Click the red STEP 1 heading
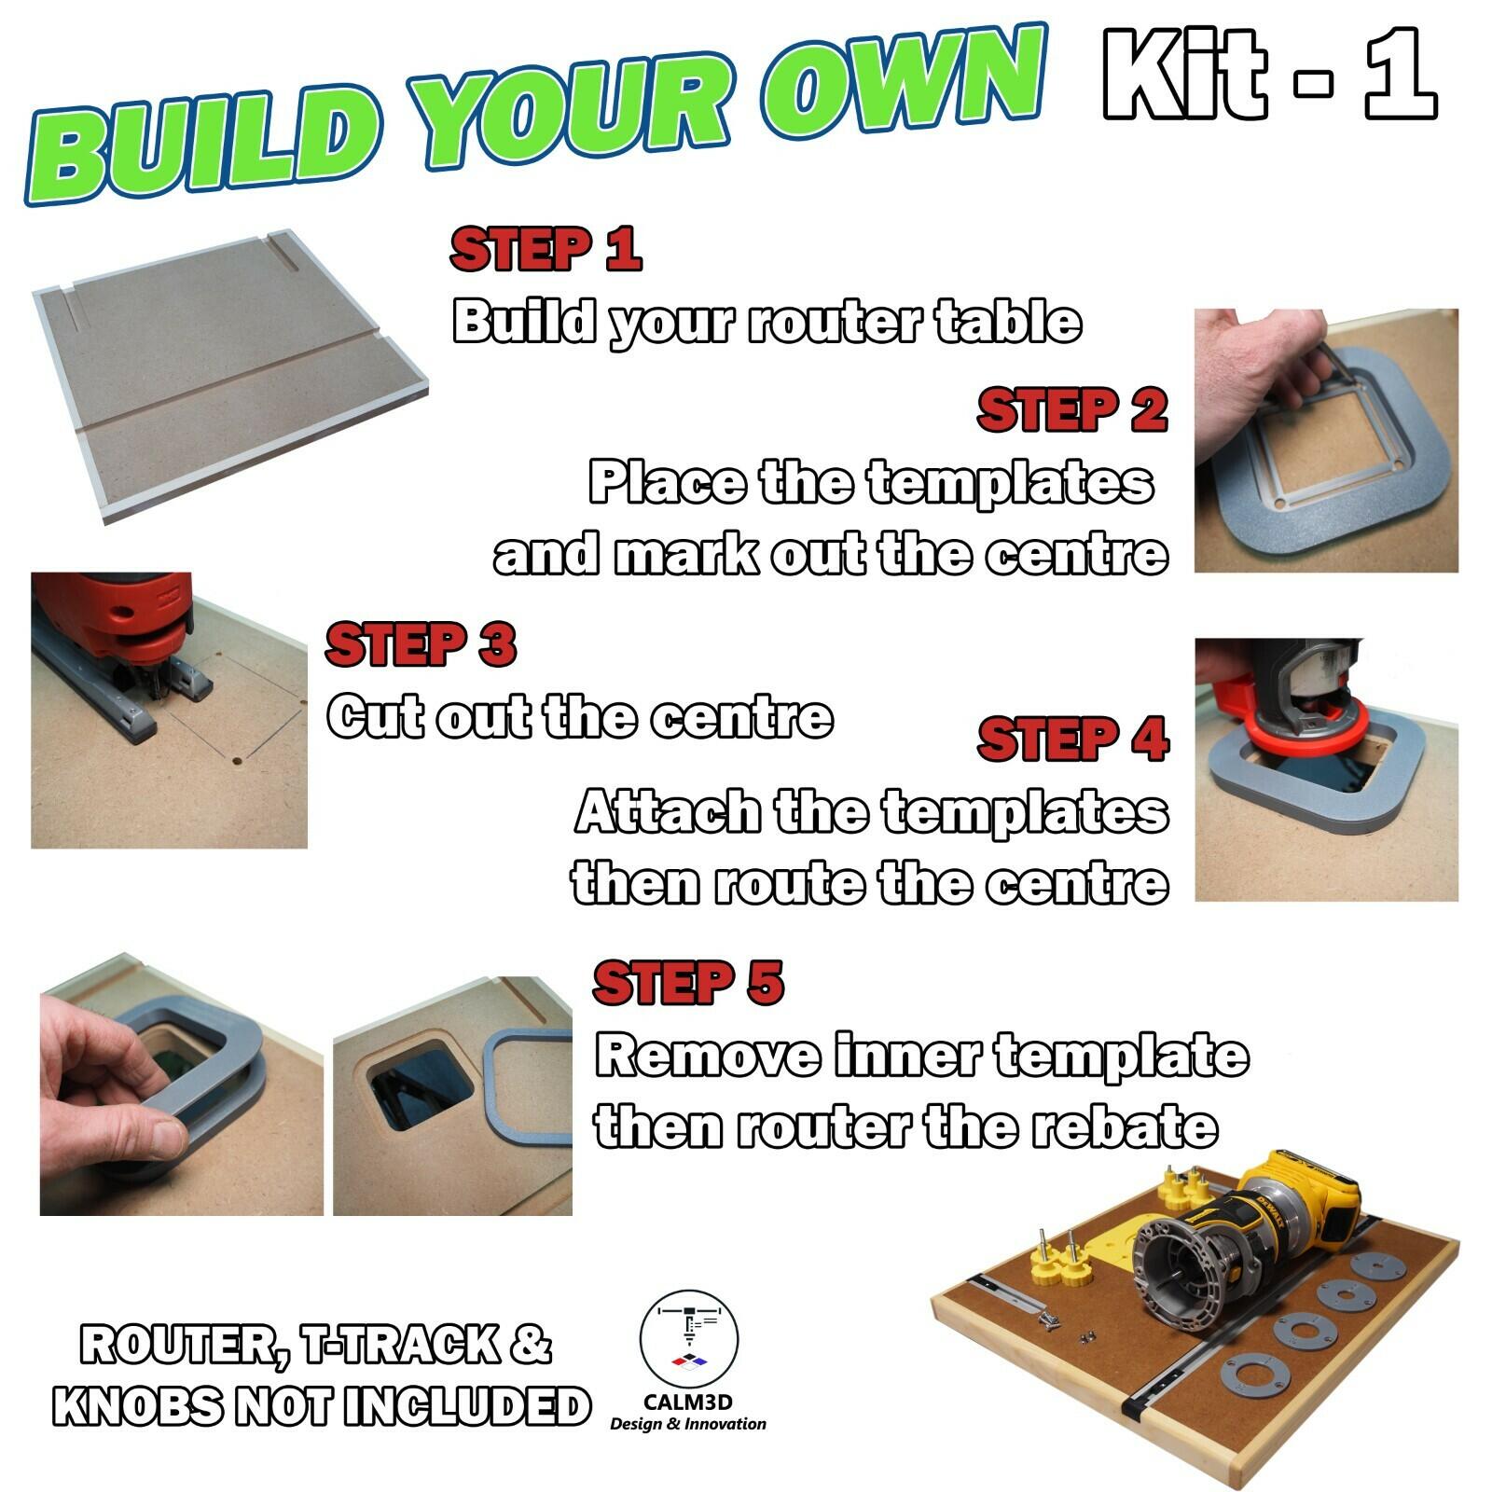click(x=546, y=249)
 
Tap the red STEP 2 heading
click(x=1071, y=411)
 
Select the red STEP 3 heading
click(x=421, y=645)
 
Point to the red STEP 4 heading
click(x=1072, y=740)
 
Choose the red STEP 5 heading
click(x=688, y=984)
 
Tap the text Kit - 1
click(x=1268, y=75)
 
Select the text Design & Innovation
click(x=688, y=1424)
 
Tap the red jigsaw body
click(x=140, y=615)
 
